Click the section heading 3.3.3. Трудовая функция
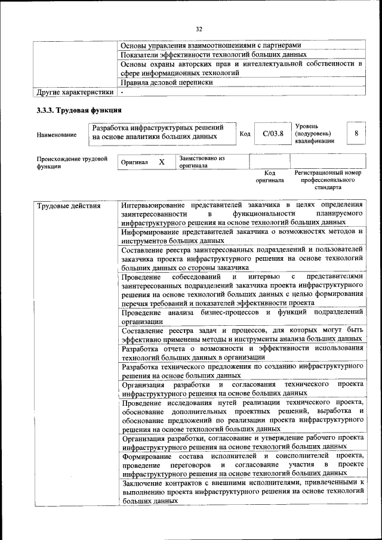[x=79, y=110]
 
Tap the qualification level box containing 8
[x=356, y=133]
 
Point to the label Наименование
[x=57, y=135]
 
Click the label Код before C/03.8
[x=244, y=134]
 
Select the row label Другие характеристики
[x=75, y=92]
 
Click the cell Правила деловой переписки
[x=167, y=83]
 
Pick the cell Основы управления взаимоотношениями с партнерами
[x=211, y=45]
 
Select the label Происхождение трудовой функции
[x=72, y=163]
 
